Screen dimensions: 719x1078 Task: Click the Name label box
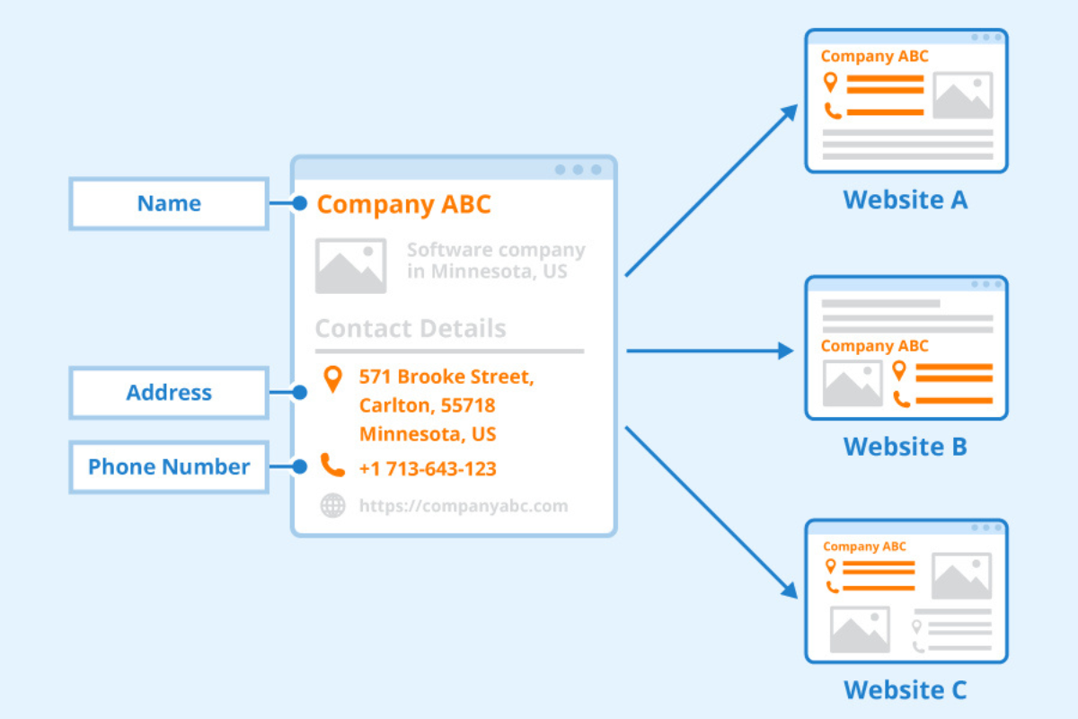169,204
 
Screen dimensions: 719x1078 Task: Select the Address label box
169,393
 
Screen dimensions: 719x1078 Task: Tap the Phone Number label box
169,467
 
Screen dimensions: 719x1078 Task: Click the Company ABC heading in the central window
403,204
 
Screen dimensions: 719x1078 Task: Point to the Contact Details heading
411,329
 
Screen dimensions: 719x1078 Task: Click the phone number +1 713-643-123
428,468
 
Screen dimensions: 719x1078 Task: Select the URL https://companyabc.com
463,506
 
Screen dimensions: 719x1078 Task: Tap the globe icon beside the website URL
332,506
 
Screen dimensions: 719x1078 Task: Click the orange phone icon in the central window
332,466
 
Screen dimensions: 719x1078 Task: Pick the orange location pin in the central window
332,378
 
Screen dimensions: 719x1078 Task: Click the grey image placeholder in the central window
350,266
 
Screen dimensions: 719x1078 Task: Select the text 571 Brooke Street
446,377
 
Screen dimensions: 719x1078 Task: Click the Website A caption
906,200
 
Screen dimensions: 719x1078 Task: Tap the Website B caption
906,446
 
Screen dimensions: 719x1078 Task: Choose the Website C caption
906,690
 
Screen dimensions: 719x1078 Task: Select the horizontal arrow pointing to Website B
710,351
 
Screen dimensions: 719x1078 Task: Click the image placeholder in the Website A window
962,96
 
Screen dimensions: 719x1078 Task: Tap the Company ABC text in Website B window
874,346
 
